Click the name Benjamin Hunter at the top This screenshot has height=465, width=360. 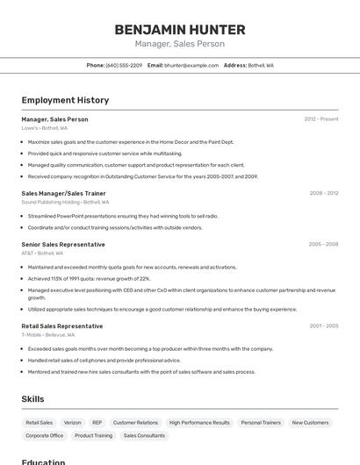point(180,30)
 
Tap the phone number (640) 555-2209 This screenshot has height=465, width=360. point(124,65)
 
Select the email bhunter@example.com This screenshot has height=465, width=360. point(191,65)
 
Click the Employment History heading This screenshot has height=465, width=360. point(65,100)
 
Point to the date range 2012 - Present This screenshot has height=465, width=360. point(321,118)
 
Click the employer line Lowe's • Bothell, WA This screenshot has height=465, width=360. point(45,128)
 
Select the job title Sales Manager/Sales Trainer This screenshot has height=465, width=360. point(63,192)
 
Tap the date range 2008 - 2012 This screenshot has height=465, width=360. point(324,192)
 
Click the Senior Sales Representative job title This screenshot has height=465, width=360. point(63,244)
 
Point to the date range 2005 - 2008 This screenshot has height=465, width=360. point(324,244)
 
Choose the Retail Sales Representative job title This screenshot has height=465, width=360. point(61,325)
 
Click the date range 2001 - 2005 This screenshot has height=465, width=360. point(324,325)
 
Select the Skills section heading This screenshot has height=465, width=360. point(32,399)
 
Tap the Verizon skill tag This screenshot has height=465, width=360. point(73,423)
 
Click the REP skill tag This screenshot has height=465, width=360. point(97,423)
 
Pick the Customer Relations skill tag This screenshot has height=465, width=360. point(135,423)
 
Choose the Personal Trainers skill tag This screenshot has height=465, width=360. point(261,423)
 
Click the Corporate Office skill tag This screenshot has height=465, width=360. point(44,435)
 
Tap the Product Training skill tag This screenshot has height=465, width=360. point(93,435)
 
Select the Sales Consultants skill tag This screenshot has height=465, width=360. point(144,435)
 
